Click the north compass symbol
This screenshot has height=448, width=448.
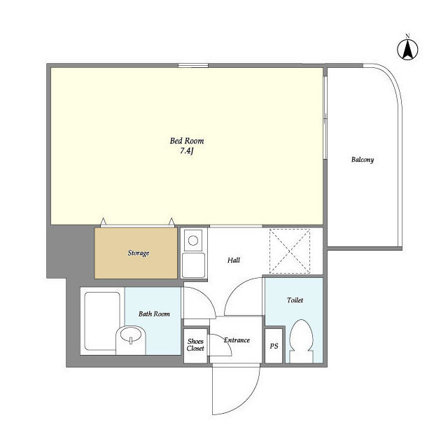(x=407, y=50)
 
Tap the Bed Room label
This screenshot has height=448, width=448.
(x=187, y=141)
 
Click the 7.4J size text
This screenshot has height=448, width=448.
(x=187, y=151)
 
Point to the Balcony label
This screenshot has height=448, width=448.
(x=363, y=160)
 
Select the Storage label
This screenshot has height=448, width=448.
(x=139, y=253)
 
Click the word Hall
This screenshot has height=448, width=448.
(x=234, y=260)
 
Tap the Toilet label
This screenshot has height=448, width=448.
(x=295, y=300)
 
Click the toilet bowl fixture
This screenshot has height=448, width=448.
(x=301, y=341)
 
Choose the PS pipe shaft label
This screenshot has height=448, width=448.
(x=274, y=346)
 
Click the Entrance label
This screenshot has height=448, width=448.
(x=237, y=340)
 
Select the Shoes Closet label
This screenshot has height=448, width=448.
(x=195, y=345)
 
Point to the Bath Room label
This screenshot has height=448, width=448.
(x=154, y=314)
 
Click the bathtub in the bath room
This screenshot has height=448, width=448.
(x=101, y=321)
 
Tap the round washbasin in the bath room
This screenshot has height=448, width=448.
(x=131, y=335)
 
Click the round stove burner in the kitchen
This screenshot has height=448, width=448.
(x=193, y=241)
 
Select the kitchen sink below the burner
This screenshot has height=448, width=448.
(x=193, y=265)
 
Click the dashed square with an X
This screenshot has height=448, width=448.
(x=290, y=251)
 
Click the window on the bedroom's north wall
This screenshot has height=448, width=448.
(x=193, y=65)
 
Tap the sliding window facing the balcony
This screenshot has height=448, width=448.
(x=325, y=117)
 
